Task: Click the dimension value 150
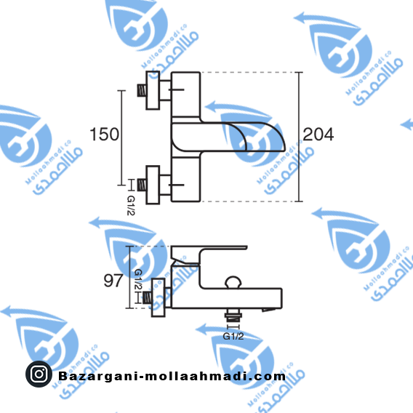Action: pos(104,135)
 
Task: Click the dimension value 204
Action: pos(318,135)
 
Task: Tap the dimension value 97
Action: pos(113,281)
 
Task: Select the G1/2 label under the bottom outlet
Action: pos(233,336)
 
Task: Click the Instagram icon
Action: pos(39,374)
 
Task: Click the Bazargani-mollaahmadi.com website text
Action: pos(172,376)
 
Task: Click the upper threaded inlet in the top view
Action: pos(142,90)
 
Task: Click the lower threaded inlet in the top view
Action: pos(142,185)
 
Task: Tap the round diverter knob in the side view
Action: pos(233,282)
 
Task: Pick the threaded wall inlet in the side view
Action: pos(147,297)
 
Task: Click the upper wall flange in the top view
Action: pos(153,90)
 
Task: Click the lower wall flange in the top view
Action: pos(153,185)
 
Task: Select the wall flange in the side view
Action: pos(158,297)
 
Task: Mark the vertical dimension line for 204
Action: pos(299,137)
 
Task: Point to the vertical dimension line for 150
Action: pos(121,137)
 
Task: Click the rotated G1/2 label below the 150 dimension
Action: pos(131,206)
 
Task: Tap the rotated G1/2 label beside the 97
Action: pos(137,279)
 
